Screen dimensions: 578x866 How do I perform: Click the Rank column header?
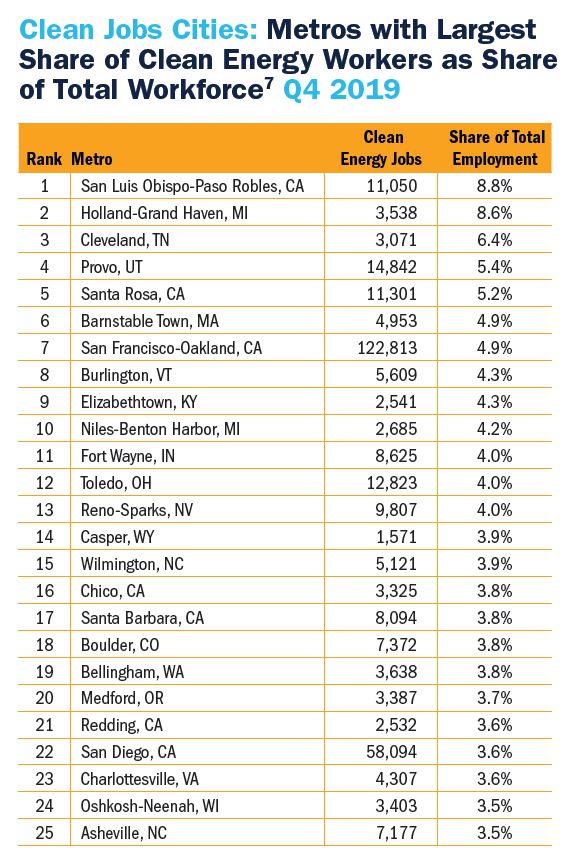tap(44, 159)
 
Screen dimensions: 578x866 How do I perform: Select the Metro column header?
tap(92, 159)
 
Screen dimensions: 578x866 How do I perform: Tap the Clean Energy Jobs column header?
tap(381, 148)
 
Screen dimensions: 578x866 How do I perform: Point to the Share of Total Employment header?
tap(496, 148)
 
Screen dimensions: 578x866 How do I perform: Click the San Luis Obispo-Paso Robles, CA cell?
tap(192, 186)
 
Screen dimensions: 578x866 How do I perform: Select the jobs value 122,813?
tap(388, 348)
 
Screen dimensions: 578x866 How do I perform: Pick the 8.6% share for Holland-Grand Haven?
tap(495, 213)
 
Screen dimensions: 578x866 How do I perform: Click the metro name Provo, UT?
tap(112, 267)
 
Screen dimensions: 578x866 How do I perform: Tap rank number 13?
tap(44, 510)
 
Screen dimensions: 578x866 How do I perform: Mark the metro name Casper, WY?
tap(117, 537)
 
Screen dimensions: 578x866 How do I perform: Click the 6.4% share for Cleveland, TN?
tap(495, 240)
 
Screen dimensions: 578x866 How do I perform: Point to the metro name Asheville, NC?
tap(124, 833)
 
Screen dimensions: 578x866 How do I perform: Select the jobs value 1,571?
tap(396, 537)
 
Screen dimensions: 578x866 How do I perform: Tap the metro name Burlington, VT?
tap(126, 375)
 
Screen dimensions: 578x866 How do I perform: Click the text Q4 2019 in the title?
tap(342, 89)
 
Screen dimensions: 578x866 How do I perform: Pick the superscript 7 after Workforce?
tap(268, 81)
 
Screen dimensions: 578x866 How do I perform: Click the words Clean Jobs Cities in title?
tap(139, 29)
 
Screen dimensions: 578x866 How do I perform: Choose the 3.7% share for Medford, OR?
tap(495, 698)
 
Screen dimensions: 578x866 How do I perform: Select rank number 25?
tap(44, 833)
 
